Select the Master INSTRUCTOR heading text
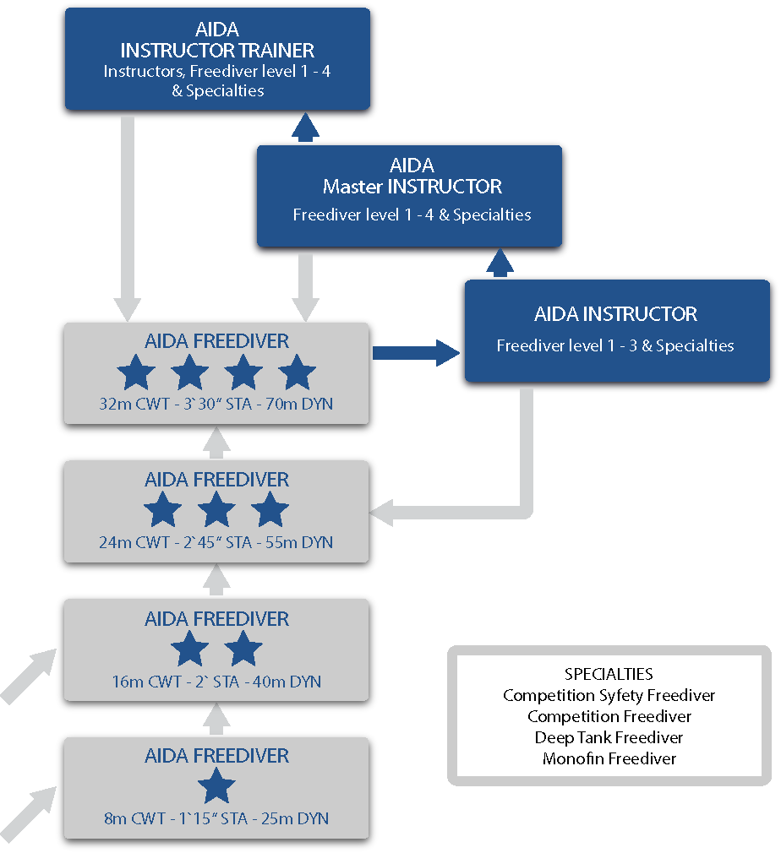(412, 186)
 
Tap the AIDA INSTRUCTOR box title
(615, 314)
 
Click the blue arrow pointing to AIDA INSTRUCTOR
(416, 352)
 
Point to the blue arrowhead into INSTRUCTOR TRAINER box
(305, 127)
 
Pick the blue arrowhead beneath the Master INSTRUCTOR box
(500, 264)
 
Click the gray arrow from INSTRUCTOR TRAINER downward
(128, 220)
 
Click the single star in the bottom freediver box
(217, 787)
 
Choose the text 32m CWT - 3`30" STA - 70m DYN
(216, 404)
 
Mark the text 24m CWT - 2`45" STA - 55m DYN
(216, 542)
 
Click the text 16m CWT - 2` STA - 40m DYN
(216, 682)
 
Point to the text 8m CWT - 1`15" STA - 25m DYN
(216, 818)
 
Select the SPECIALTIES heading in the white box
(609, 674)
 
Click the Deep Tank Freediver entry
(609, 737)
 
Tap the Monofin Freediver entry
(609, 758)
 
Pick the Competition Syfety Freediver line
(609, 695)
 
